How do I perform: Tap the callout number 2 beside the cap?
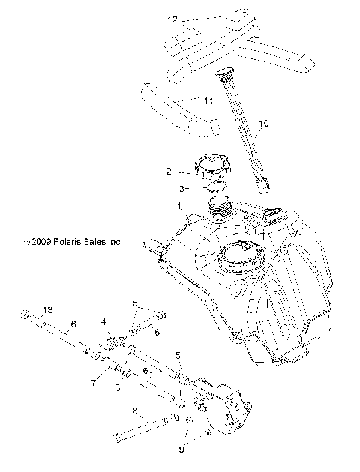(170, 171)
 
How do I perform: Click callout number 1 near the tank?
(178, 205)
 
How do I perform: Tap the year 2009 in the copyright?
(40, 243)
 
